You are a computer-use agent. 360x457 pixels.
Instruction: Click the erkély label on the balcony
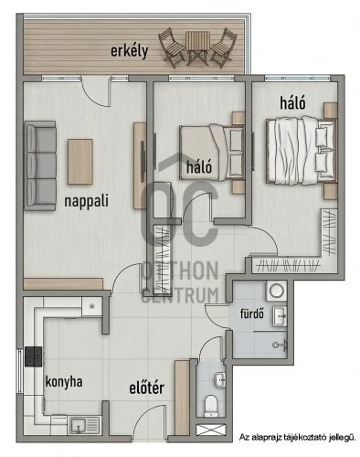click(129, 51)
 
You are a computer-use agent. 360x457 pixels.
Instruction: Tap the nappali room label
click(86, 201)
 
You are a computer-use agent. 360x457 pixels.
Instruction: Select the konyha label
click(64, 382)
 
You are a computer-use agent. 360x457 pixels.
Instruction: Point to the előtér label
click(147, 388)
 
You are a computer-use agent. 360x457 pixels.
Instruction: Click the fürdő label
click(252, 314)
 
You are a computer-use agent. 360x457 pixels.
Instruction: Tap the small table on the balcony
click(197, 48)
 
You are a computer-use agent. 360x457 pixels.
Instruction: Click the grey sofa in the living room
click(40, 165)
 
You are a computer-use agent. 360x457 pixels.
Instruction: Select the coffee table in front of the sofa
click(80, 162)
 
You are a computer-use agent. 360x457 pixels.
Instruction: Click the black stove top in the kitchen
click(34, 356)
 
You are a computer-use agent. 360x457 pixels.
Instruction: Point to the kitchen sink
click(84, 425)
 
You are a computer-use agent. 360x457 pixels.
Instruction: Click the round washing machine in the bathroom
click(276, 291)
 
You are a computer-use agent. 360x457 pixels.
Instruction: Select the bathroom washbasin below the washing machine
click(280, 316)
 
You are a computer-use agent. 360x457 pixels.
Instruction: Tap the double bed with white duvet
click(302, 151)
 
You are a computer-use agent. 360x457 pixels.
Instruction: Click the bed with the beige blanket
click(212, 153)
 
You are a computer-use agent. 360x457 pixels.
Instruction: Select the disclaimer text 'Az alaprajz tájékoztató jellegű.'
click(297, 438)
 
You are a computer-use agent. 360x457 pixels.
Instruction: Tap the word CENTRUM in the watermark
click(180, 295)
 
